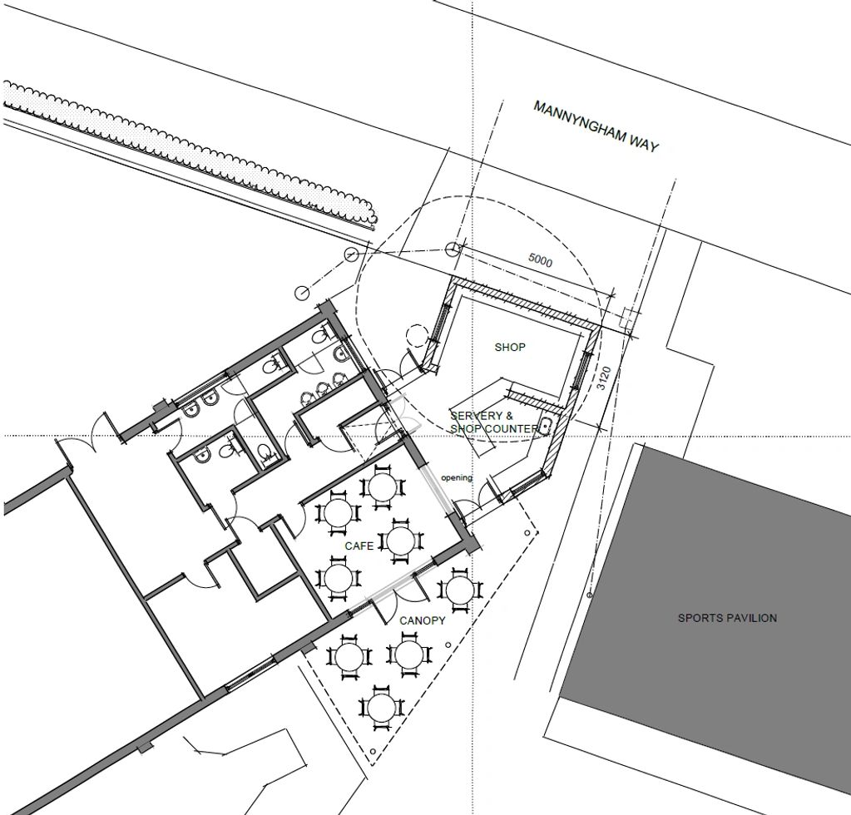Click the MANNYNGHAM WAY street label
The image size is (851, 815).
click(x=596, y=126)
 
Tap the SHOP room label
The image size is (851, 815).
click(x=510, y=347)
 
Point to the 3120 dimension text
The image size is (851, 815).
click(x=605, y=382)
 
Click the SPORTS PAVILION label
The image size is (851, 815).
click(x=727, y=618)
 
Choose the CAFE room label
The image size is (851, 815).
click(x=359, y=545)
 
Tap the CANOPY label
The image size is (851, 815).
click(x=423, y=620)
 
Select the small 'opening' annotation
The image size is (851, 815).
click(x=457, y=477)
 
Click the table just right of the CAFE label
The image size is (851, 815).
click(x=400, y=541)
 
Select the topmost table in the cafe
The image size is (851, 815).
click(x=381, y=487)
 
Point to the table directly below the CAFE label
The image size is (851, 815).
click(x=338, y=580)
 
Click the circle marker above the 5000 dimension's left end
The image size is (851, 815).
click(x=453, y=249)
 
